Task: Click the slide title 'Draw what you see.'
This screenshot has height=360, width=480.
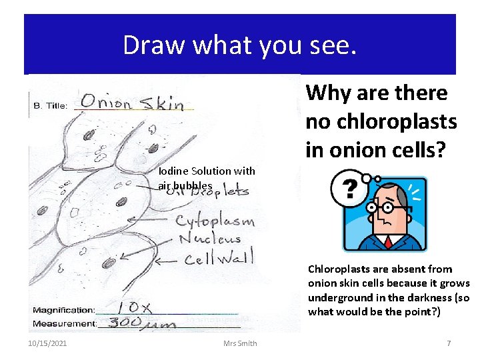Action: [240, 45]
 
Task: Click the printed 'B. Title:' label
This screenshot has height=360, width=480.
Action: [51, 105]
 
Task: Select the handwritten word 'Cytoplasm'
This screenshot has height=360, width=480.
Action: [215, 221]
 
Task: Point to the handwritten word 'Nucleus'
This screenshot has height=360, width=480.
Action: [208, 239]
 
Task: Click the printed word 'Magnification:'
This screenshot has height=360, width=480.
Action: [63, 310]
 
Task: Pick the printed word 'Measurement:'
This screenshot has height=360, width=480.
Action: [63, 324]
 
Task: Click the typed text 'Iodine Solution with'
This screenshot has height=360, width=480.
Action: [207, 171]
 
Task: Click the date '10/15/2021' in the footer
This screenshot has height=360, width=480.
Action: [47, 343]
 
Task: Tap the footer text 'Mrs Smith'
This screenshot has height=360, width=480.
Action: [241, 343]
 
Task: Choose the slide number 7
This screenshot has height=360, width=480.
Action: [449, 343]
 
